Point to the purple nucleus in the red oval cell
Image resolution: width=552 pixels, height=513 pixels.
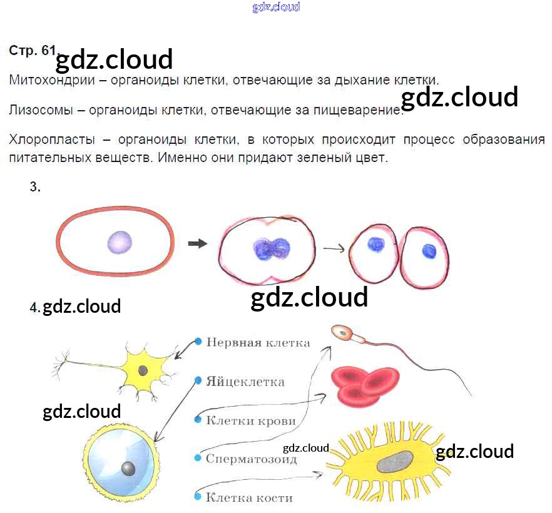(x=119, y=242)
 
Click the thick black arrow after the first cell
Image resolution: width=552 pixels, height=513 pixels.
(x=197, y=244)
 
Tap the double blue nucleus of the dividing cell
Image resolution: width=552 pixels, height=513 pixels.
(x=271, y=248)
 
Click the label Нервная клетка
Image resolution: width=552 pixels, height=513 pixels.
(x=258, y=342)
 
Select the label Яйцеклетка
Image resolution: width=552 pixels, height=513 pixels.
(x=245, y=382)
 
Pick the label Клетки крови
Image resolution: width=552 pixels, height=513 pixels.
(x=250, y=420)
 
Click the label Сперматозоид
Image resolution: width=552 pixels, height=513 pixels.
(x=252, y=459)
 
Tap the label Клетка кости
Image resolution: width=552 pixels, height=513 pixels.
(x=249, y=498)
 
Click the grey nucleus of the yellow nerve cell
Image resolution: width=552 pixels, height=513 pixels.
(x=143, y=370)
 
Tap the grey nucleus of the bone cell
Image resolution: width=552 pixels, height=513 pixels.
(x=396, y=462)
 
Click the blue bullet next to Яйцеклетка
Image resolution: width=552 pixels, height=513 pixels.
(x=198, y=380)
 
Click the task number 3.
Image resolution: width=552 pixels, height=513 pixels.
(x=34, y=186)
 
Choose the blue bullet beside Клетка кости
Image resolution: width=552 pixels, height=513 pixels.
(x=198, y=497)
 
